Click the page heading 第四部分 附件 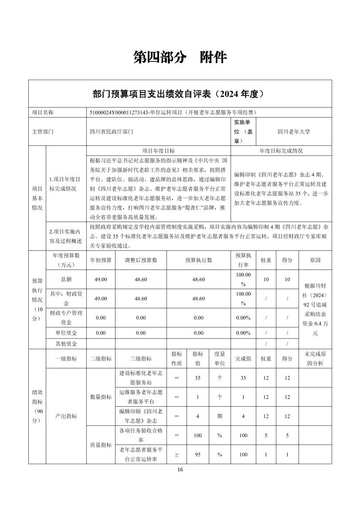tap(180, 57)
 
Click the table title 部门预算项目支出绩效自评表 tap(180, 94)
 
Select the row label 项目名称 tap(43, 112)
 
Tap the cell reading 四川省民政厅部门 tap(111, 131)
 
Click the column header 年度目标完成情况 tap(281, 151)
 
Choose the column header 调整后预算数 tap(140, 260)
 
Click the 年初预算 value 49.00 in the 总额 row tap(101, 279)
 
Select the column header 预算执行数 tap(198, 260)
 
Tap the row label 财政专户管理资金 tap(66, 317)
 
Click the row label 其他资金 tap(66, 344)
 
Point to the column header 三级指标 tap(140, 358)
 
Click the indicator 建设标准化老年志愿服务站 tap(140, 378)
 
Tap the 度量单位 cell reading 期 tap(220, 416)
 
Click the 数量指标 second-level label tap(101, 397)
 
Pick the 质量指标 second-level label tap(101, 445)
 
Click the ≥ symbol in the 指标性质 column tap(177, 455)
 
